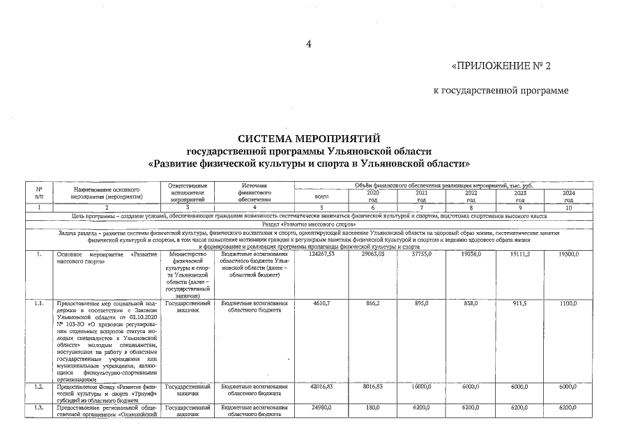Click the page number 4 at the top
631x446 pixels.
tap(308, 45)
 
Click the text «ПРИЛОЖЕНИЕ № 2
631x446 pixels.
tap(501, 67)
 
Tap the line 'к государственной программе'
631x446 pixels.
tap(501, 91)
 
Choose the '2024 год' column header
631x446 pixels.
tap(569, 195)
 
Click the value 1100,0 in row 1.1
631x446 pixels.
tap(569, 305)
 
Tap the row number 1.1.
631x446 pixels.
tap(40, 305)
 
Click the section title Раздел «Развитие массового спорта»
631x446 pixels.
tap(309, 224)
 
